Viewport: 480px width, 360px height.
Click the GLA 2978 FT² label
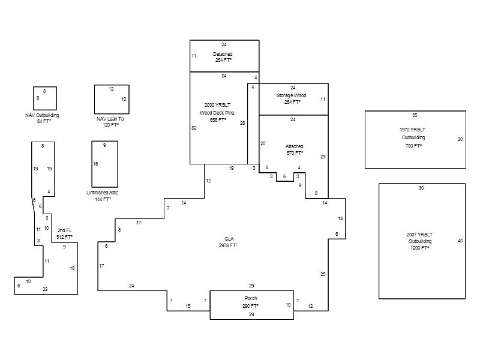tap(229, 242)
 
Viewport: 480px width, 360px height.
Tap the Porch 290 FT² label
tap(251, 302)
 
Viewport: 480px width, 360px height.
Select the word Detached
tap(223, 54)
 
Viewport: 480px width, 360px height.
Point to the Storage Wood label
tap(292, 95)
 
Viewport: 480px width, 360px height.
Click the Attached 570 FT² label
tap(295, 149)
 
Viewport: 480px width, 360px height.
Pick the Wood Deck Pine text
tap(217, 113)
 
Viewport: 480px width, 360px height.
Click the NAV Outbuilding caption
tap(42, 115)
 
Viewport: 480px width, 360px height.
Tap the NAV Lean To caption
tap(110, 119)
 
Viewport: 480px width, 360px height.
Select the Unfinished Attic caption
tap(102, 193)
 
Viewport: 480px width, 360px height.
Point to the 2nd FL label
tap(65, 230)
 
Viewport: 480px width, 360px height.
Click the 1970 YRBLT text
tap(412, 130)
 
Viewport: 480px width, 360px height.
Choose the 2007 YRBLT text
tap(419, 235)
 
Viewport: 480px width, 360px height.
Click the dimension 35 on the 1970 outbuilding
tap(415, 115)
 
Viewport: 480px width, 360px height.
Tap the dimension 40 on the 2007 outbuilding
tap(460, 241)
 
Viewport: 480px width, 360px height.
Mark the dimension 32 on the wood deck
tap(194, 128)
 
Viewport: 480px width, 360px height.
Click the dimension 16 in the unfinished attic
tap(95, 164)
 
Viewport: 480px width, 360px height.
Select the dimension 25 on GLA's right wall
tap(323, 274)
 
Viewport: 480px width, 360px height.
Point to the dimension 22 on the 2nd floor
tap(45, 289)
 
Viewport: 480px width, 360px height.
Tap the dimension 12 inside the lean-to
tap(111, 89)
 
